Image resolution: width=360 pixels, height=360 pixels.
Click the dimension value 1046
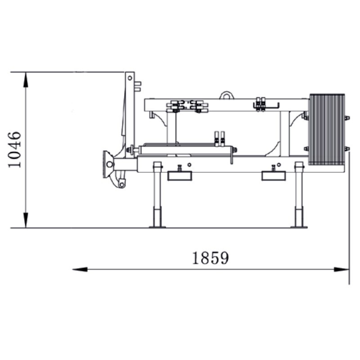(x=15, y=149)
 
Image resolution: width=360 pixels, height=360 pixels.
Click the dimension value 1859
(x=210, y=258)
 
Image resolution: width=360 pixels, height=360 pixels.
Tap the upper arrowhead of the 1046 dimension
(x=26, y=80)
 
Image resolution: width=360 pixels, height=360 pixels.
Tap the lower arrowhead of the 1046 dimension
(x=26, y=220)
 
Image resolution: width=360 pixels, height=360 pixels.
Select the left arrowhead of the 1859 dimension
(x=80, y=269)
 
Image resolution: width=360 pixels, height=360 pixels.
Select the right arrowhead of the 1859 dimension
(x=342, y=269)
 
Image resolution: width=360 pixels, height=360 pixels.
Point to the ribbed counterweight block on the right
(x=327, y=129)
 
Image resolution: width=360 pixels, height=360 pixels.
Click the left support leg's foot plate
(x=157, y=227)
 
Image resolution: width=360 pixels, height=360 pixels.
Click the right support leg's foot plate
(x=299, y=227)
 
